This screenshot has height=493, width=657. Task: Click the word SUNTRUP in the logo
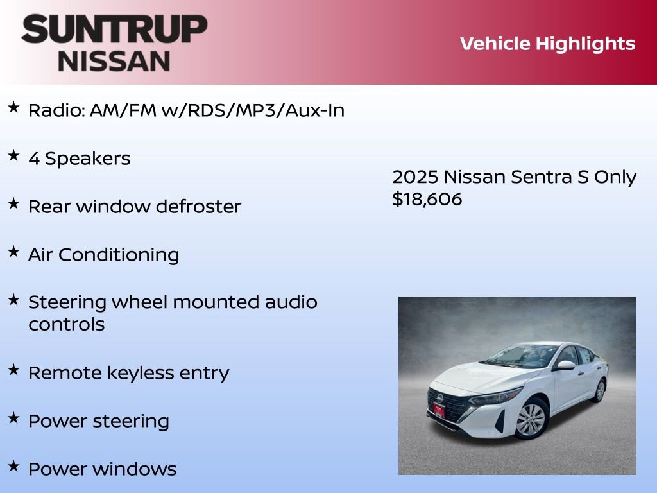click(x=114, y=30)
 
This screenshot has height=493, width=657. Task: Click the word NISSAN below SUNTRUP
click(x=114, y=60)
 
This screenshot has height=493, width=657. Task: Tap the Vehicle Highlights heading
click(x=547, y=44)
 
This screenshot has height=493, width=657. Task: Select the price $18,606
click(x=427, y=200)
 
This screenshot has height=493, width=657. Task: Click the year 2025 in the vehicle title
click(x=415, y=177)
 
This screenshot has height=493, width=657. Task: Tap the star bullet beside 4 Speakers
click(x=13, y=156)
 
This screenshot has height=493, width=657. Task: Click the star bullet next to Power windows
click(x=13, y=466)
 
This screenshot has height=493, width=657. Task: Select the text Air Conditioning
click(x=103, y=255)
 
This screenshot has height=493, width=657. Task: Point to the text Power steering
click(x=98, y=421)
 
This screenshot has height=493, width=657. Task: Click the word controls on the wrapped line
click(x=66, y=324)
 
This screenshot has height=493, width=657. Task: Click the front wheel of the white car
click(x=531, y=420)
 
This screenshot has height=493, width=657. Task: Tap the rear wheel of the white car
click(x=599, y=390)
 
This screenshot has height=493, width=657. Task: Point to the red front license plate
click(x=438, y=410)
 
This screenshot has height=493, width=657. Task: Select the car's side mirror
click(x=565, y=365)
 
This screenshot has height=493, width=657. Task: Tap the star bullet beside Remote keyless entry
click(x=13, y=370)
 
